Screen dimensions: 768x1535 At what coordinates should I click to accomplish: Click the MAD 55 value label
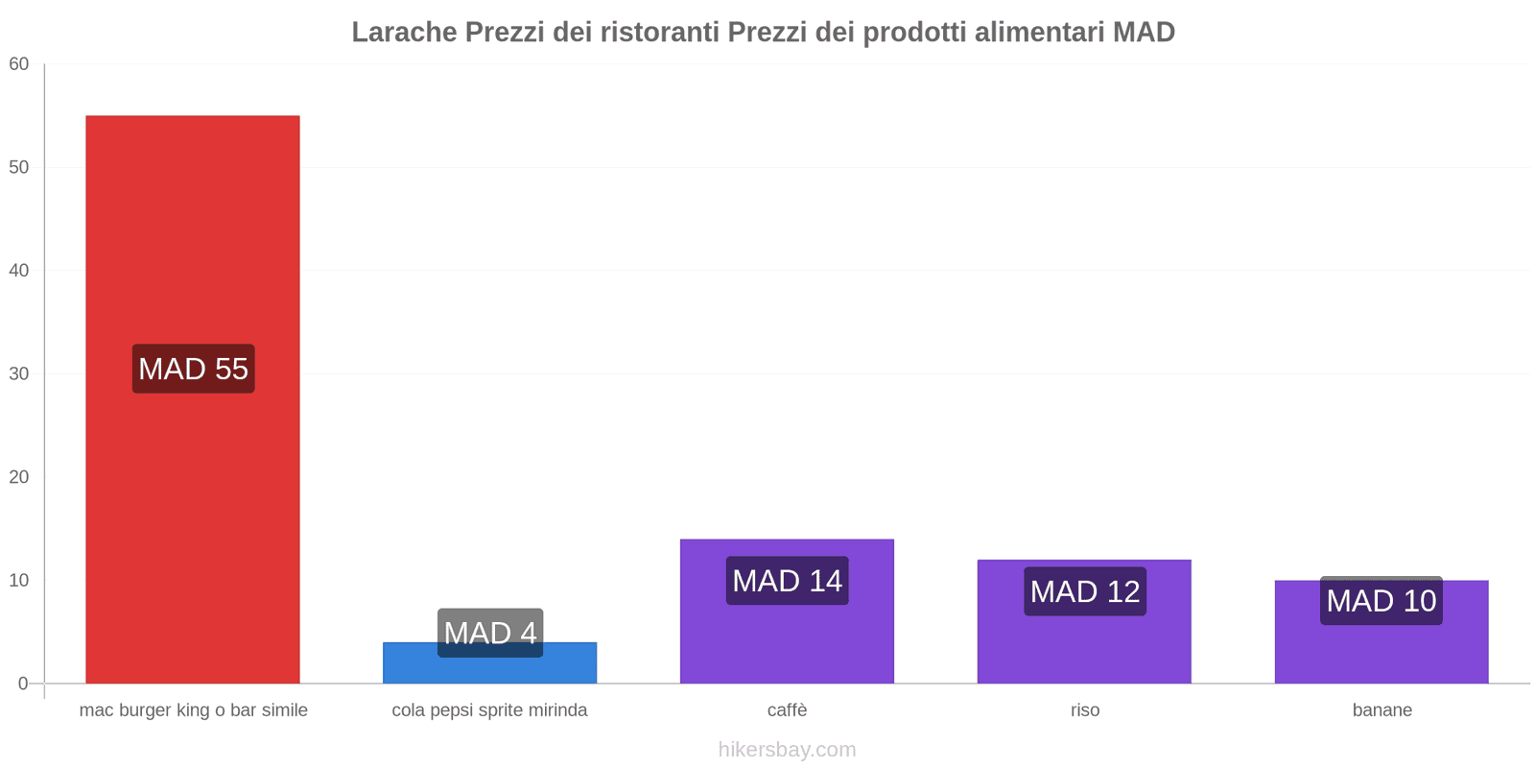(x=193, y=369)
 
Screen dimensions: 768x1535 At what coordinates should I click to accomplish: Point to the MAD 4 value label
(x=489, y=633)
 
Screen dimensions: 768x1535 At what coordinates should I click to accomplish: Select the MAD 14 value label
(x=787, y=581)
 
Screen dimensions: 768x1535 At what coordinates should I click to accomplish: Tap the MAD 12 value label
(x=1084, y=591)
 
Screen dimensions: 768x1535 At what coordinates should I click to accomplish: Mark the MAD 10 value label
(x=1381, y=601)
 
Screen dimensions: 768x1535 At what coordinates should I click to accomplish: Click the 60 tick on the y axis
(x=19, y=64)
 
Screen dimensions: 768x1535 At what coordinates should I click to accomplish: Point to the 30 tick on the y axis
(x=19, y=374)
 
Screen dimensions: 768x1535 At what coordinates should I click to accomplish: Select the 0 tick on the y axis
(x=23, y=684)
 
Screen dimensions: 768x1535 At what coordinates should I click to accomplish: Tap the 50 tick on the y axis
(x=19, y=167)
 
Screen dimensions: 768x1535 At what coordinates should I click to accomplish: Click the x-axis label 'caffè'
(x=787, y=710)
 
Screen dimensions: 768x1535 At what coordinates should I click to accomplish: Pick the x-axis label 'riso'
(x=1085, y=710)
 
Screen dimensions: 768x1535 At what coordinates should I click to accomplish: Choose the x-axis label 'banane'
(x=1381, y=710)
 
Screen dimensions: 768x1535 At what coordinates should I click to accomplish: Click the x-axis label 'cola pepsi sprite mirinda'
(x=489, y=710)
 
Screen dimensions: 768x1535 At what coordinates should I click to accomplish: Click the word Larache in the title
(x=404, y=33)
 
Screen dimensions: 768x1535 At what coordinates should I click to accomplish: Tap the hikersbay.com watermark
(x=787, y=750)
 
